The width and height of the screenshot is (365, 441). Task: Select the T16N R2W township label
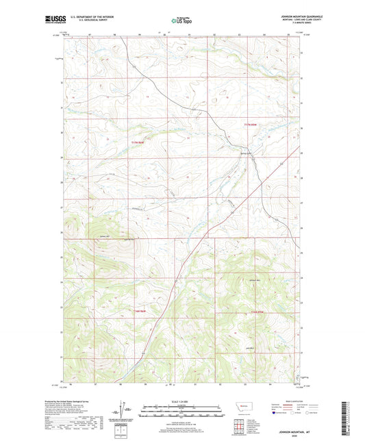click(257, 312)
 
